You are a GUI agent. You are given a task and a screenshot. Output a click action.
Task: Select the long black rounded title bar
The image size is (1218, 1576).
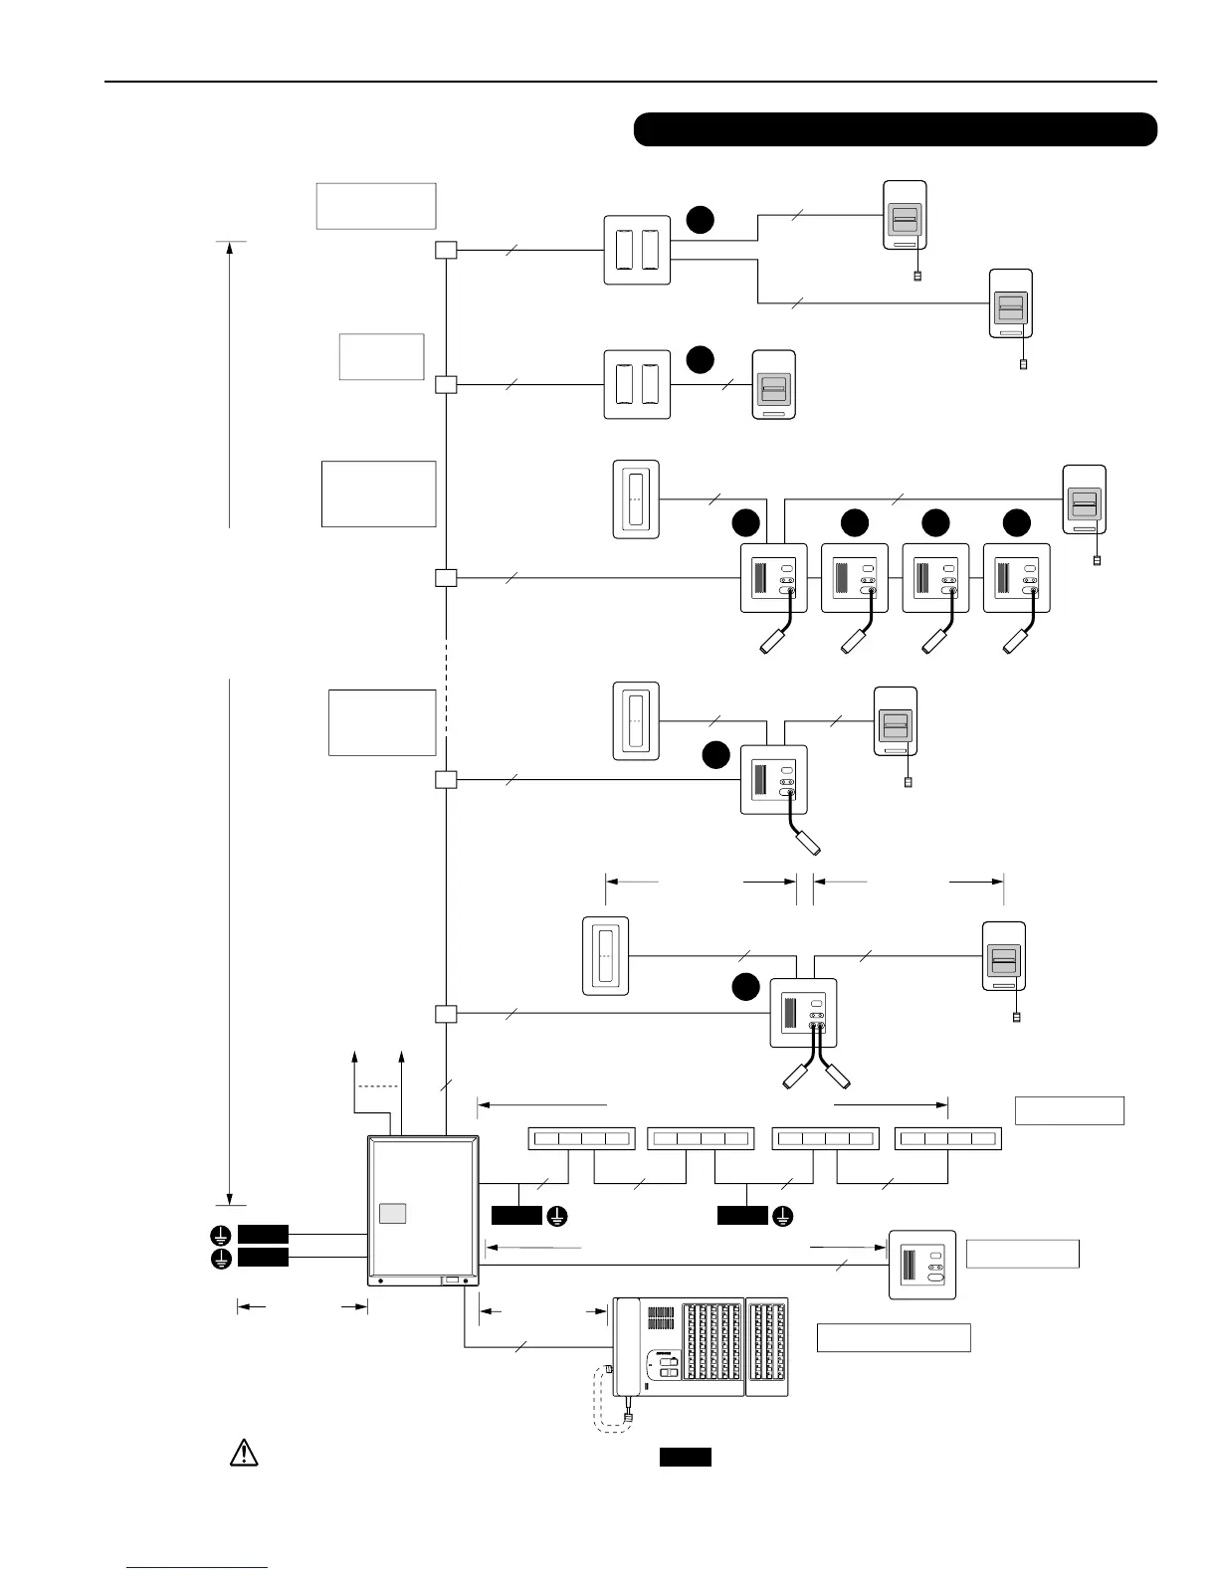coord(895,129)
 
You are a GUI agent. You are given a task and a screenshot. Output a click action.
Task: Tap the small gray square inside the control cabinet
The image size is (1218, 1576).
coord(394,1213)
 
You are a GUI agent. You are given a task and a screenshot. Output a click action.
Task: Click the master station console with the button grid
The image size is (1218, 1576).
coord(700,1346)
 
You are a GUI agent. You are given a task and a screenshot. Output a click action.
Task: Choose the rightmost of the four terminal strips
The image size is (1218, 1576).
coord(948,1138)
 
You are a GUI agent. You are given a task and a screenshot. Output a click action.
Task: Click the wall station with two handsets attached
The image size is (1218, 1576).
coord(804,1013)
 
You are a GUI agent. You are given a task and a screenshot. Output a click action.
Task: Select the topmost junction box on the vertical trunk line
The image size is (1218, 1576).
coord(447,250)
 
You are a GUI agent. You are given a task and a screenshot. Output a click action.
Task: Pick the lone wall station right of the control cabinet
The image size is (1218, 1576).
coord(922,1265)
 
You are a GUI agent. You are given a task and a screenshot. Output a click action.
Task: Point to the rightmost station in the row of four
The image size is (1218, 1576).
coord(1016,578)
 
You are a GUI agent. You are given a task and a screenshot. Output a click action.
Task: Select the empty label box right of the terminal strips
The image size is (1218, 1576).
coord(1070,1110)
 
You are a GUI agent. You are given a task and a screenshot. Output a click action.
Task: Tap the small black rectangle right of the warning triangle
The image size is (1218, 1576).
coord(686,1458)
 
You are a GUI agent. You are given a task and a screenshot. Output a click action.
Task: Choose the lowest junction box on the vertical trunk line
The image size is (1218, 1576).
coord(447,1014)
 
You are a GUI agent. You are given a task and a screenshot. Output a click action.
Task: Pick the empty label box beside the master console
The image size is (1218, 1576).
coord(894,1338)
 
